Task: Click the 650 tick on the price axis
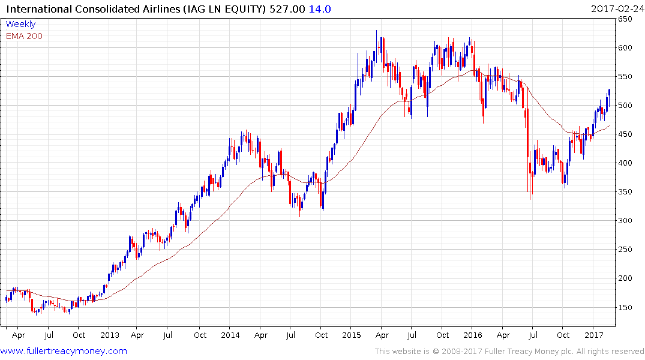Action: tap(626, 19)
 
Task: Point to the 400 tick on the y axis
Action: tap(626, 163)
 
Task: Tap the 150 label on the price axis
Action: tap(626, 307)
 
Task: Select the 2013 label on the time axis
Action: tap(110, 335)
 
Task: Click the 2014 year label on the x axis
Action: tap(230, 335)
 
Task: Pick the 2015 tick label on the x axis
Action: tap(351, 335)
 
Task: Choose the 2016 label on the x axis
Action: tap(473, 335)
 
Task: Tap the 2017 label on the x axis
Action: tap(593, 335)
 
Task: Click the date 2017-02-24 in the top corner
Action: tap(617, 8)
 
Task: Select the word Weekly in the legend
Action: tap(20, 24)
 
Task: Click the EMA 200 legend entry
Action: tap(24, 36)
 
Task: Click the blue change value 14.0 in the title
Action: tap(320, 9)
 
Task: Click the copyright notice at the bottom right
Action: tap(509, 352)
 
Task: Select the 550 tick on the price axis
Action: tap(626, 77)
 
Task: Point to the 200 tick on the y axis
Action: tap(626, 278)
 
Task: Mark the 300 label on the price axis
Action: tap(626, 221)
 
